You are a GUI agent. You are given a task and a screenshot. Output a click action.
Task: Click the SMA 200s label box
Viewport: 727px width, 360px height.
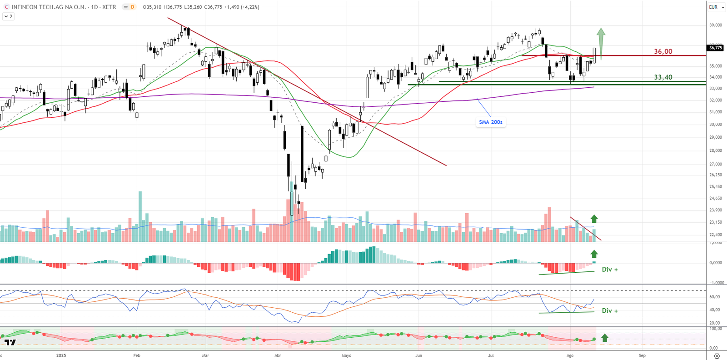490,122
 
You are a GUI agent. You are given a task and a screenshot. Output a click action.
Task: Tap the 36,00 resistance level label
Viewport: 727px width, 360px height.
663,51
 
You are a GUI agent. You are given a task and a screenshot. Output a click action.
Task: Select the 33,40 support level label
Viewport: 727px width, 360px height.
663,77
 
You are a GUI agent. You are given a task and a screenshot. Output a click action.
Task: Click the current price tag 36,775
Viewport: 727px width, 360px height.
715,48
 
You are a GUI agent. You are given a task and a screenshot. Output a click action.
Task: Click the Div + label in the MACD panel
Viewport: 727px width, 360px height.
610,270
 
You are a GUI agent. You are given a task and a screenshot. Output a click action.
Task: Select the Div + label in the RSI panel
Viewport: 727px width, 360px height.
610,311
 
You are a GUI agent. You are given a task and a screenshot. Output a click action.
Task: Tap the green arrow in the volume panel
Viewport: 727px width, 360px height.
594,219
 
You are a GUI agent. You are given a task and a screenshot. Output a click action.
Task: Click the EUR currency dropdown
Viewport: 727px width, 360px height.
716,7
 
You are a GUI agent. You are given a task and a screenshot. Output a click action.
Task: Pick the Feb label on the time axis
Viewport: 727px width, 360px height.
137,355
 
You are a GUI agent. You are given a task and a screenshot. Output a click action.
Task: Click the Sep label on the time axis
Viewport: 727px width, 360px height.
642,355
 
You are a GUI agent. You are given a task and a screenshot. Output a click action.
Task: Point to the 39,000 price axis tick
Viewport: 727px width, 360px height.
716,25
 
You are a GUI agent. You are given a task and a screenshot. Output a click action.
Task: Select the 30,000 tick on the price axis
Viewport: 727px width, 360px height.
716,124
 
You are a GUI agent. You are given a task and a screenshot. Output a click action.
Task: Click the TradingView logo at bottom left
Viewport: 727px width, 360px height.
10,342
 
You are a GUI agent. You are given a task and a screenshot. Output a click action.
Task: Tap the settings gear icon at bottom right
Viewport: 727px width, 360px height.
717,355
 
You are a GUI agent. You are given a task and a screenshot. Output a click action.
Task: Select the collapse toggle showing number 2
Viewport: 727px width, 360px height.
9,16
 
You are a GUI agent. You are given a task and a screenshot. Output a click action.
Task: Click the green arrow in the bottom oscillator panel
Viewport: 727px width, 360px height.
605,338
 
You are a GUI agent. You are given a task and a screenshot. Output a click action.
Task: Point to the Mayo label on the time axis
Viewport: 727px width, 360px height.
346,355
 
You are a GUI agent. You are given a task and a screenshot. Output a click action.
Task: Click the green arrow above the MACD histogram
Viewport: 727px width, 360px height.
594,254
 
